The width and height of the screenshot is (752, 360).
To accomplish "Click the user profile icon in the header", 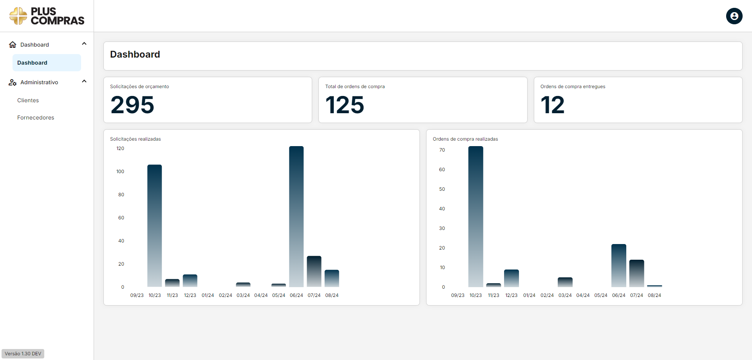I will click(734, 16).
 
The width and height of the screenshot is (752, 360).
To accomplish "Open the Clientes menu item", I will click(28, 100).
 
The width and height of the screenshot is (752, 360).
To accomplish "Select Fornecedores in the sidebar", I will click(36, 118).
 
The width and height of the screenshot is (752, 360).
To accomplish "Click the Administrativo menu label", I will click(39, 82).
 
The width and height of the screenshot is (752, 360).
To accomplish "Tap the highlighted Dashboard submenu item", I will click(47, 63).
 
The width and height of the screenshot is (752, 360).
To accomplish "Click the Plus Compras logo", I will click(47, 16).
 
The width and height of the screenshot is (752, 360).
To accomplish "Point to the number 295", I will click(132, 105).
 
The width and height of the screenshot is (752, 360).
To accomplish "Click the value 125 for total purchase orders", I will click(345, 105).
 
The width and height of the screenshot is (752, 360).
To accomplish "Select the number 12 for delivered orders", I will click(552, 105).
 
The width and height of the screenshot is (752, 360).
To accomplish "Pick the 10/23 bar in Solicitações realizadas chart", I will click(155, 226).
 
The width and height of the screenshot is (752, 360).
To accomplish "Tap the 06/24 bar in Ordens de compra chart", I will click(619, 266).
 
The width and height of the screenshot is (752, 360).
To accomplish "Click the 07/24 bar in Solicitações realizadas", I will click(314, 271).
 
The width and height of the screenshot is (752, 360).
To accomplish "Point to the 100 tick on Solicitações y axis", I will click(120, 172).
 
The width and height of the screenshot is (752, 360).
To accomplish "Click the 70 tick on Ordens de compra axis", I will click(442, 150).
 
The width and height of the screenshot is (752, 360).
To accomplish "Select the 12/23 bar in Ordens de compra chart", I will click(512, 278).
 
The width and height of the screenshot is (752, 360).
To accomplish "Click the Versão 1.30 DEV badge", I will click(23, 354).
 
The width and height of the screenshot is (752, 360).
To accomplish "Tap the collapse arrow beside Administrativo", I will click(84, 81).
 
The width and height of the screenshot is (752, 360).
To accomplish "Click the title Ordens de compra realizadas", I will click(465, 139).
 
